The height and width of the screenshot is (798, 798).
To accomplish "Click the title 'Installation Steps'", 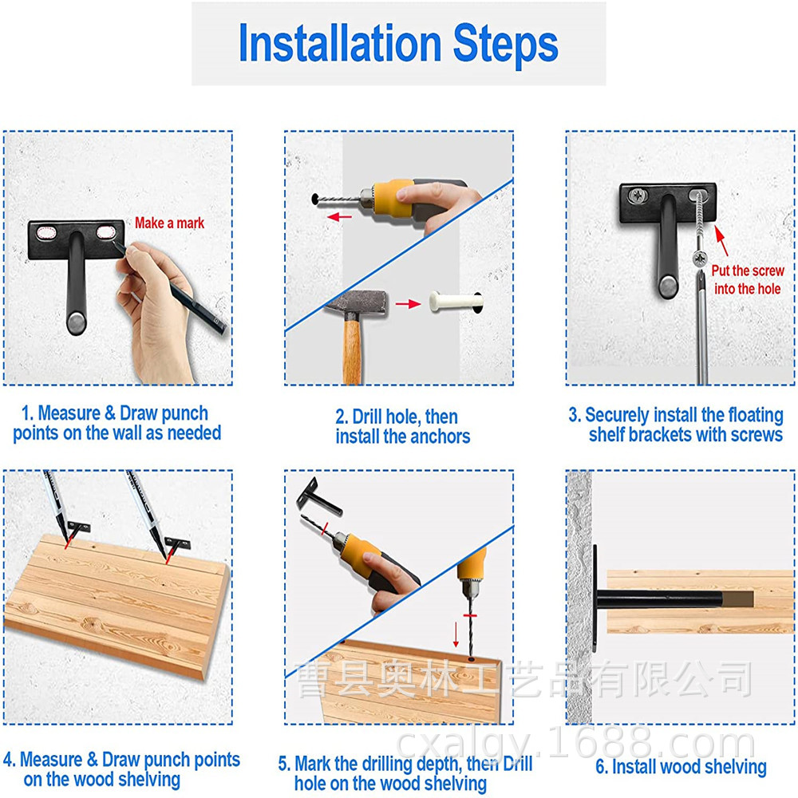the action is [x=398, y=43].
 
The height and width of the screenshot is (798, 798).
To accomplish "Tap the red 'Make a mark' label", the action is [x=169, y=223].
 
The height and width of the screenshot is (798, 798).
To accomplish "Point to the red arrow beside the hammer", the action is [x=408, y=304].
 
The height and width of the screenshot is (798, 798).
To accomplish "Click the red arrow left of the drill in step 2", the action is [x=339, y=217].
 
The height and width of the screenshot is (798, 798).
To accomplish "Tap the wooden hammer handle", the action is [x=352, y=350].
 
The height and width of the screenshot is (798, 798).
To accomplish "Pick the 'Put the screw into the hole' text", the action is [x=748, y=279].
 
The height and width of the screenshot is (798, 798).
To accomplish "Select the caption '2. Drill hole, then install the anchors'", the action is [x=402, y=426].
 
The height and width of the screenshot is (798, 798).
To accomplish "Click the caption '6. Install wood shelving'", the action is [x=681, y=766].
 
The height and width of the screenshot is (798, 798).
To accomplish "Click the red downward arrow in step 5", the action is [x=456, y=634].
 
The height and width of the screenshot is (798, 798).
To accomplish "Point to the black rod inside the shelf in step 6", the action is [x=660, y=599].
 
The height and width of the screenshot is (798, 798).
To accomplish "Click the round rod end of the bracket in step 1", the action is [x=77, y=323].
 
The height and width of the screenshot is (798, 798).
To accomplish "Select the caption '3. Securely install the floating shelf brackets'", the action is [x=676, y=425].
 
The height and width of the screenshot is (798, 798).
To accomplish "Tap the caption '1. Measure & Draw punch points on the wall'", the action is [x=117, y=423].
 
